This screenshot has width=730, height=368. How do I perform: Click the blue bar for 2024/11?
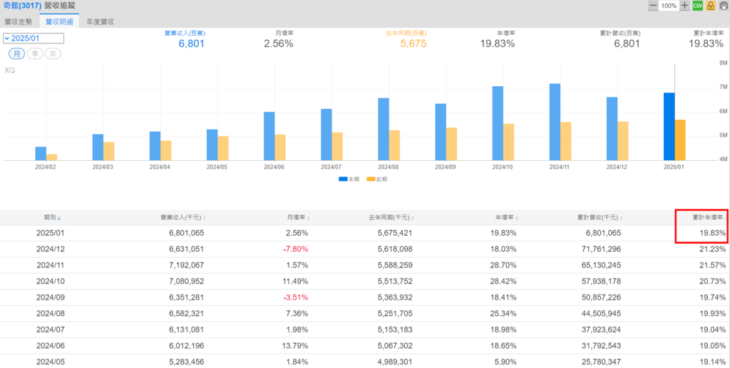coord(555,122)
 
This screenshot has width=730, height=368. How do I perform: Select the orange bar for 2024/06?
coord(280,147)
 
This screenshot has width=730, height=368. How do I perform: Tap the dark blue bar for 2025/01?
coord(669,126)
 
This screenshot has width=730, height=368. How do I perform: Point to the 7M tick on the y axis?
coord(722,87)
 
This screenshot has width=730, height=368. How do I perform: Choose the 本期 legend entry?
coord(349,179)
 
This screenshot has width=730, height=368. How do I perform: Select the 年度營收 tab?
coord(101,21)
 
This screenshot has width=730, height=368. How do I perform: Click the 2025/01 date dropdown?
coord(34,38)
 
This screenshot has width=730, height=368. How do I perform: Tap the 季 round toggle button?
coord(35,54)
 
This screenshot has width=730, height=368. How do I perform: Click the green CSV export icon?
coord(698,6)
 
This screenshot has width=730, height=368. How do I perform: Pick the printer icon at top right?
coord(723,6)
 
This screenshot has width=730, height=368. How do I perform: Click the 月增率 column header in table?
coord(292,217)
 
